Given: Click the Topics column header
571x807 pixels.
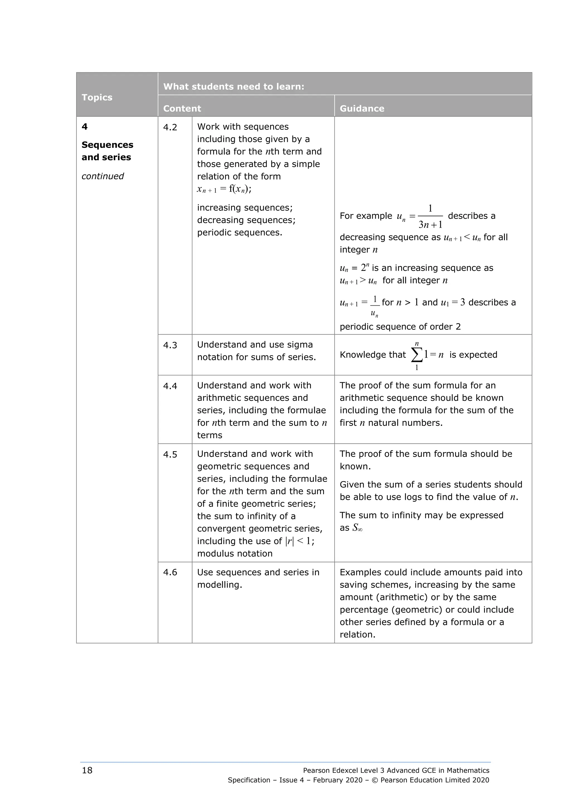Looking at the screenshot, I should click(x=97, y=97).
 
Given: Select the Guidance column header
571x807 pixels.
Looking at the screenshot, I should click(x=362, y=109).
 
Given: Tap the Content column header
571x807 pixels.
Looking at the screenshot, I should click(x=182, y=109).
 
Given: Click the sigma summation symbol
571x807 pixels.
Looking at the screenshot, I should click(x=417, y=355).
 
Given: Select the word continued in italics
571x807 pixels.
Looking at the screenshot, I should click(x=102, y=176).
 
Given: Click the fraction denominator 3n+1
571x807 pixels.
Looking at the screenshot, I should click(x=430, y=225).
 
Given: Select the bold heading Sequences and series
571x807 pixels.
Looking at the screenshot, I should click(x=107, y=151).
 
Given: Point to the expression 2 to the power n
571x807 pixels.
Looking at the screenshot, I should click(x=365, y=267).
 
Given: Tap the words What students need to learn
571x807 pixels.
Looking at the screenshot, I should click(x=233, y=86).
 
